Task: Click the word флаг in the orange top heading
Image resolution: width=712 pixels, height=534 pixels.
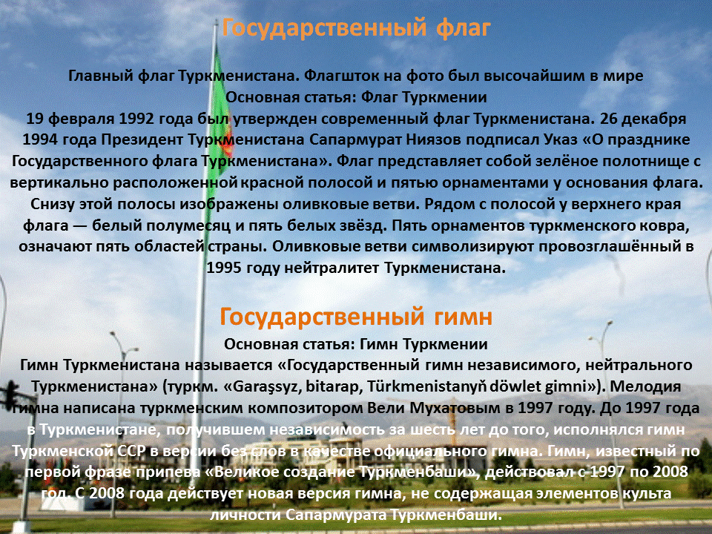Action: tap(460, 28)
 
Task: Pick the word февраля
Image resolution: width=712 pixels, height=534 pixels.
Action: tap(76, 119)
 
